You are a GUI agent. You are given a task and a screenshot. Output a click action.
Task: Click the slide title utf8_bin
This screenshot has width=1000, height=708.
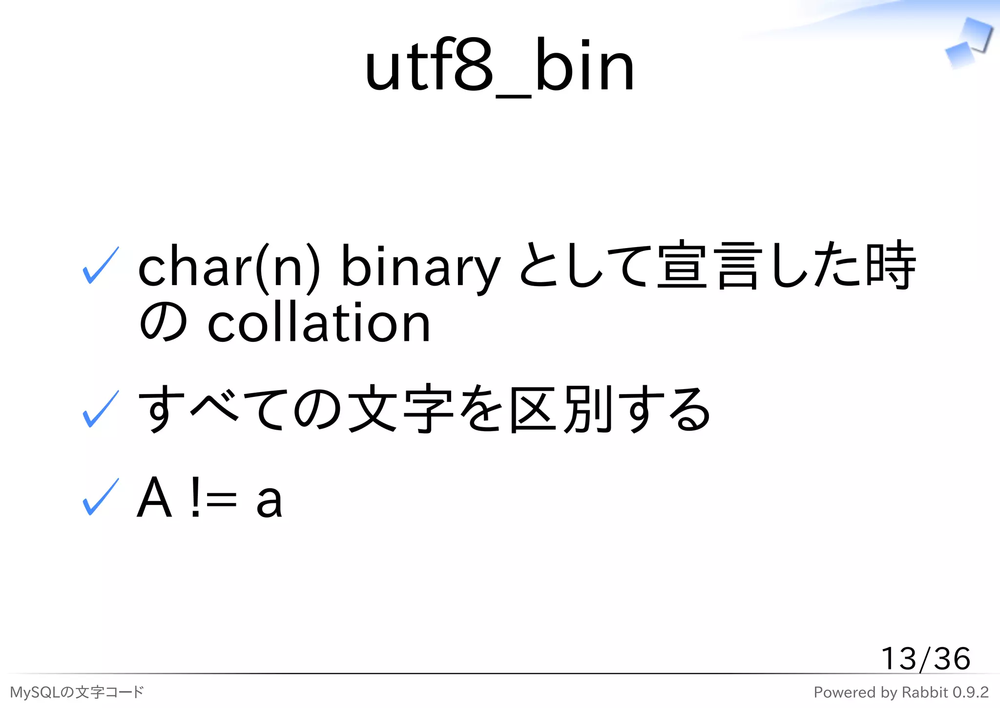pos(499,66)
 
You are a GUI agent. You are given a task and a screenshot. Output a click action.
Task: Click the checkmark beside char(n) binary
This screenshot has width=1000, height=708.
pos(101,265)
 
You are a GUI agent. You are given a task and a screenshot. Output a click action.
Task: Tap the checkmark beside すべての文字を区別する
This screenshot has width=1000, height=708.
pos(101,409)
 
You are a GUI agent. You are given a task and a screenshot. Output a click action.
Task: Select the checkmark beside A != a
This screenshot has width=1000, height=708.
pos(101,497)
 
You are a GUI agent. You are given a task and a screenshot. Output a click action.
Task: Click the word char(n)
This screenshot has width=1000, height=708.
pos(229,267)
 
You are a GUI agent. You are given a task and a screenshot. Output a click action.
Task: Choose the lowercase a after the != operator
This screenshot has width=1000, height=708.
pos(269,500)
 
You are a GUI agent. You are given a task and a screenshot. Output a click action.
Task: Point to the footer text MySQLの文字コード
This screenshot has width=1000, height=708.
pos(77,692)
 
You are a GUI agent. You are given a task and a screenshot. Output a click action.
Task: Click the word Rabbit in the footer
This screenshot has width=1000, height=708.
pos(924,692)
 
